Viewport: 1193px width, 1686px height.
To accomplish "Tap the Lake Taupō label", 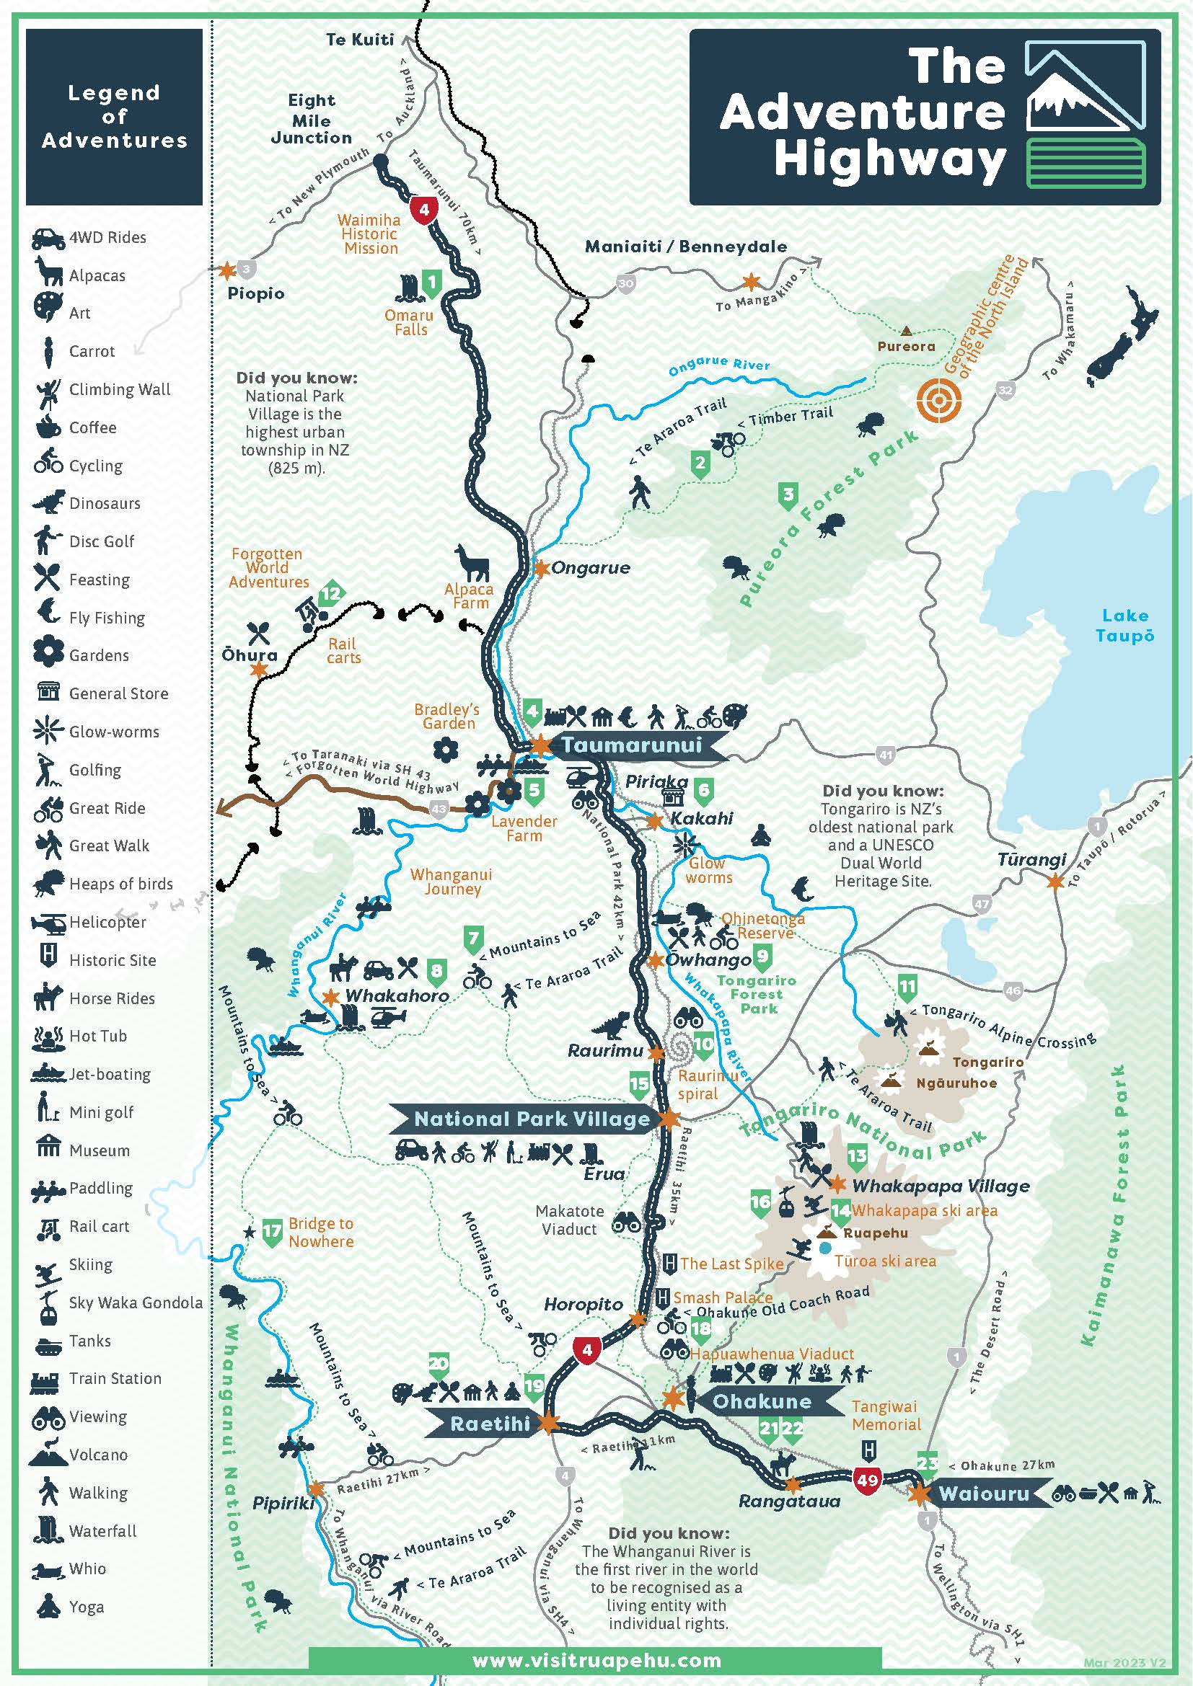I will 1124,626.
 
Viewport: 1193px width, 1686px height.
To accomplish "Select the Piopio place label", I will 255,293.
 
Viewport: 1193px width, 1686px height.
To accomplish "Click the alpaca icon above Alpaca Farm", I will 472,563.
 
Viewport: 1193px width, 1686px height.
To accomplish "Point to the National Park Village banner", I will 532,1119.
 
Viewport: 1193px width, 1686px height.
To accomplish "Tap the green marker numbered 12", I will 332,593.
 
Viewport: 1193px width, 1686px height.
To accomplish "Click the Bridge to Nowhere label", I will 321,1232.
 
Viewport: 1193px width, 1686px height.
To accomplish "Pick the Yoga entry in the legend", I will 86,1607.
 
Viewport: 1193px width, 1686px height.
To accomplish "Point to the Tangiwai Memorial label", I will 885,1415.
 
